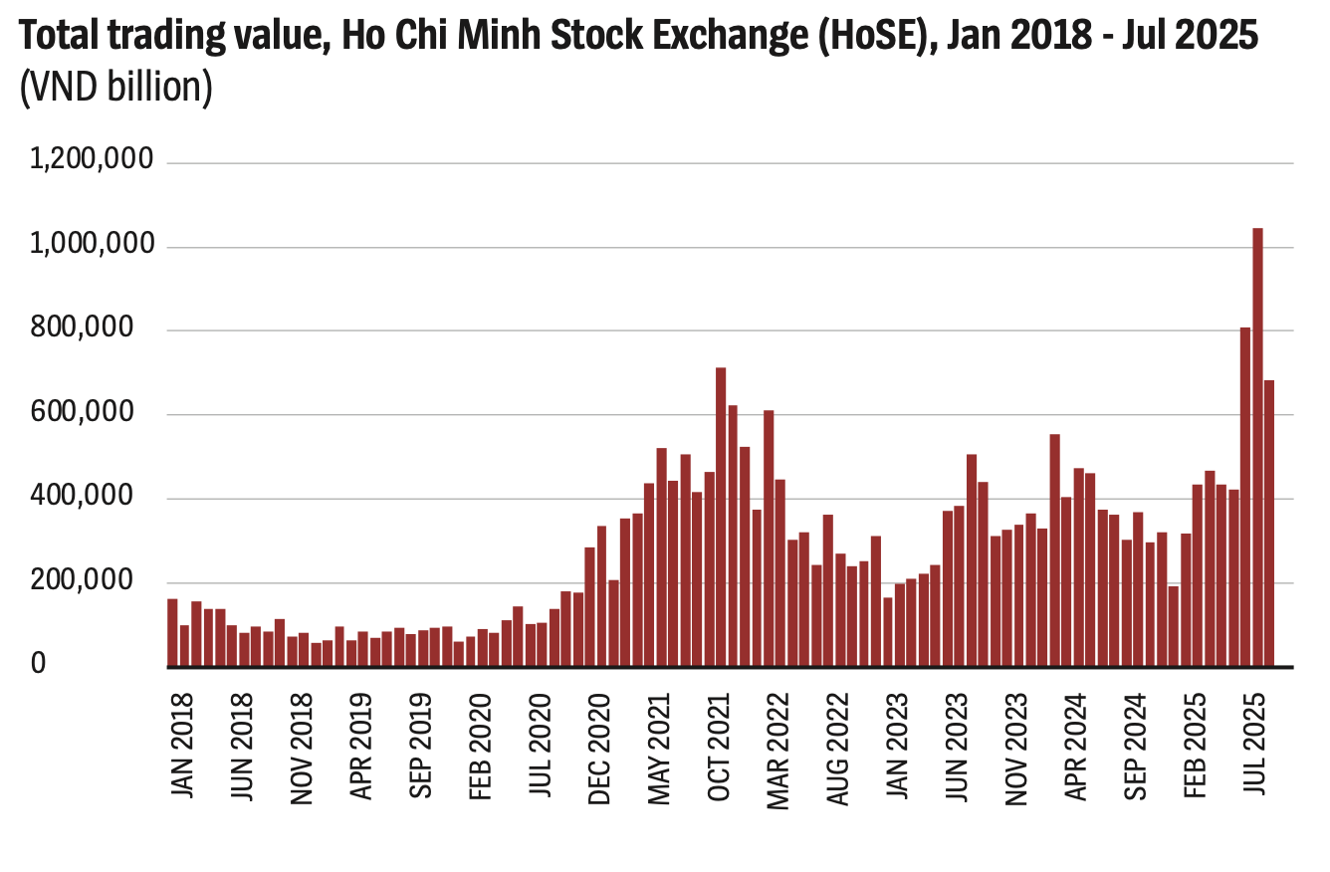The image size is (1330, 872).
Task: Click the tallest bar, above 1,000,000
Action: (x=1257, y=448)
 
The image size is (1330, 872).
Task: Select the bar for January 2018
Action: (x=172, y=633)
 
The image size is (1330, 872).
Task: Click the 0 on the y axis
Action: (x=38, y=664)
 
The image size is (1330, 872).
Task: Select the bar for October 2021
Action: (x=721, y=518)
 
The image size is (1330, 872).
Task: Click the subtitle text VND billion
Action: (x=116, y=88)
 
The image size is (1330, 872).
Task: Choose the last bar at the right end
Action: (x=1269, y=524)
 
